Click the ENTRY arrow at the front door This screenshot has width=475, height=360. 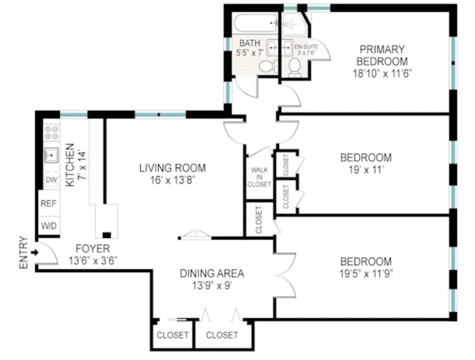pos(35,252)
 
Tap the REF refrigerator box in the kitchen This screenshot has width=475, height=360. pos(49,203)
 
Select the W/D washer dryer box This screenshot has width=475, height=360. pos(49,226)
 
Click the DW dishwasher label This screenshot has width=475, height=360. pos(51,180)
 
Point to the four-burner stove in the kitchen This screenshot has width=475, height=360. pos(52,132)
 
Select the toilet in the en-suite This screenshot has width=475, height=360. pos(295,67)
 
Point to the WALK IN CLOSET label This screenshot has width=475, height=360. pos(259,177)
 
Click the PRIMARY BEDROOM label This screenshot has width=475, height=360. pos(382,55)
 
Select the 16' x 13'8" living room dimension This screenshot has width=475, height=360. pos(172,179)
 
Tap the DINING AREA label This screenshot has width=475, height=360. pos(212,273)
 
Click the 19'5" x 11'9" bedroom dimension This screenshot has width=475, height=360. pos(365,273)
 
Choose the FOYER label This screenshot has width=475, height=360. pos(93,249)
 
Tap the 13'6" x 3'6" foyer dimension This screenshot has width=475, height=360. pos(93,261)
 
